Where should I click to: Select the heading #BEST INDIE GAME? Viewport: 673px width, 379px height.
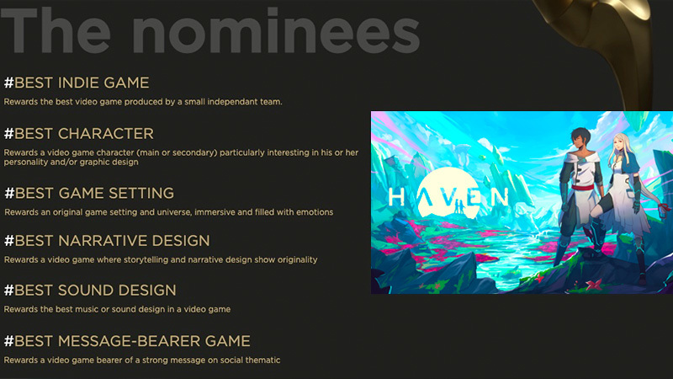point(77,83)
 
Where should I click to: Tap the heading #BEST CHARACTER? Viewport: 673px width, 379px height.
point(79,134)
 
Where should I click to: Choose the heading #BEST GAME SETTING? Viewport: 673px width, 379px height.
point(89,193)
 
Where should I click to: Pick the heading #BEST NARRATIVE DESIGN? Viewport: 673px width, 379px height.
point(107,241)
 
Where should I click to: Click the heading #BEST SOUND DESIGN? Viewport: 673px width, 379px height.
point(90,290)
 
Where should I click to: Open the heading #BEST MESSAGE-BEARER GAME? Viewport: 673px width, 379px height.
point(127,341)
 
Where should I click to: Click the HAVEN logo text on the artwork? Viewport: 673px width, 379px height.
point(448,197)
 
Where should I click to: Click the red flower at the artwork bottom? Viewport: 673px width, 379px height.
point(595,285)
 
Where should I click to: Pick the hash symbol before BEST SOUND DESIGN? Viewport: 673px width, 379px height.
point(8,290)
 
